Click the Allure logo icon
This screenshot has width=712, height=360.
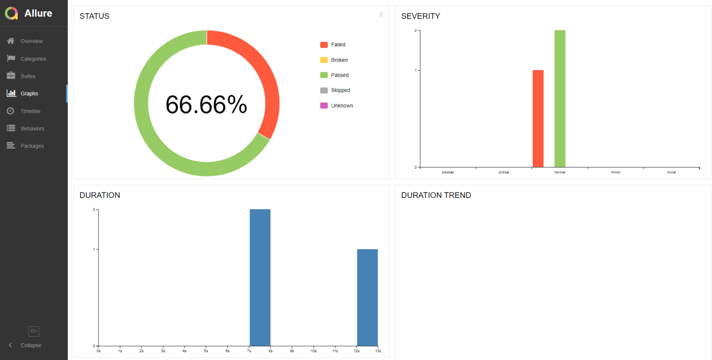click(12, 13)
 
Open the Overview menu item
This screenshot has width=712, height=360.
click(31, 41)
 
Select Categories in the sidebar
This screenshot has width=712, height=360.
click(33, 59)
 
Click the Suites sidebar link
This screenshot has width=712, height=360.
click(27, 76)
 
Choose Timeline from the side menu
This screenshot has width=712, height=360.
click(30, 111)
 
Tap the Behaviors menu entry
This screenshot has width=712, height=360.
click(32, 128)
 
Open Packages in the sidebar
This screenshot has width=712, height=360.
click(31, 146)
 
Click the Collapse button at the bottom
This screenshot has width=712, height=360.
click(30, 345)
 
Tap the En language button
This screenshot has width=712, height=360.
click(34, 331)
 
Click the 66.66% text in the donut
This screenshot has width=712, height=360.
click(206, 105)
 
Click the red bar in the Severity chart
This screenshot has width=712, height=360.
click(538, 119)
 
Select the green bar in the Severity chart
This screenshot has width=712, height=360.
click(560, 99)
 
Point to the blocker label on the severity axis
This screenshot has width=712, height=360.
click(448, 172)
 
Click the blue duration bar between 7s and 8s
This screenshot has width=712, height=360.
click(260, 277)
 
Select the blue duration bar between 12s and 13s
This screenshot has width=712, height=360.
click(367, 297)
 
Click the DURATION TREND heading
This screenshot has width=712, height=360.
click(436, 195)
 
